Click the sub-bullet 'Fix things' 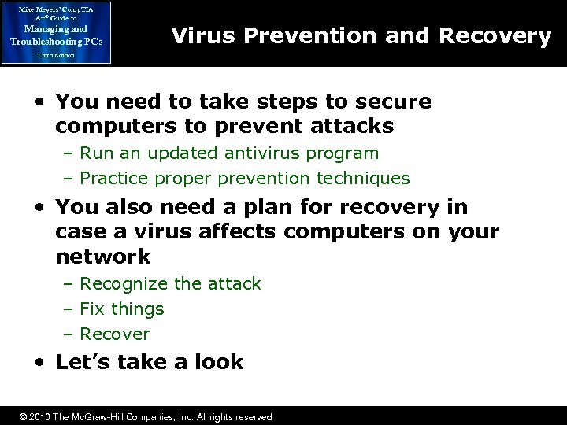coord(122,309)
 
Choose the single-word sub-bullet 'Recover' coord(115,334)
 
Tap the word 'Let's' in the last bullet coord(82,362)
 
